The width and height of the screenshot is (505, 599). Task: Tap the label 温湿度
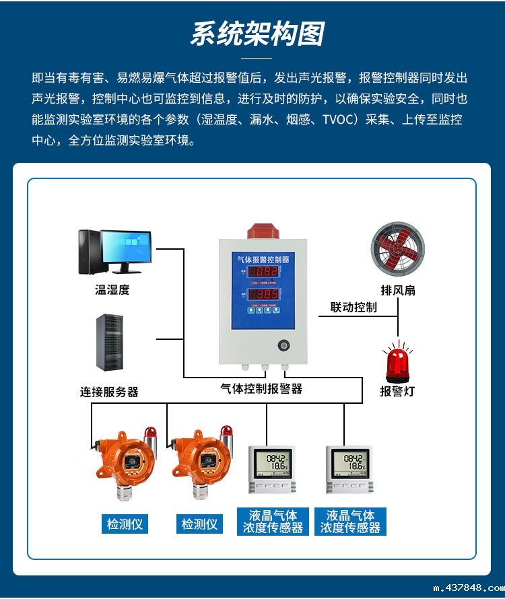pos(112,290)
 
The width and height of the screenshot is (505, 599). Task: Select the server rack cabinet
pos(109,342)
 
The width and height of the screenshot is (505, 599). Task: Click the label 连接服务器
pos(109,392)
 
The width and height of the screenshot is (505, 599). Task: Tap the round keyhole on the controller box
pos(283,347)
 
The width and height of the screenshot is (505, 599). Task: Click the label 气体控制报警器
pos(261,388)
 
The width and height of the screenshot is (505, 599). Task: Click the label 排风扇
pos(398,290)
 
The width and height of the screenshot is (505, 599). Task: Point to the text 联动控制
pos(353,308)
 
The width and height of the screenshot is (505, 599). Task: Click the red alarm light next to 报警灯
pos(397,362)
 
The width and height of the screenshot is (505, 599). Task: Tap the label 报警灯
pos(397,391)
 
